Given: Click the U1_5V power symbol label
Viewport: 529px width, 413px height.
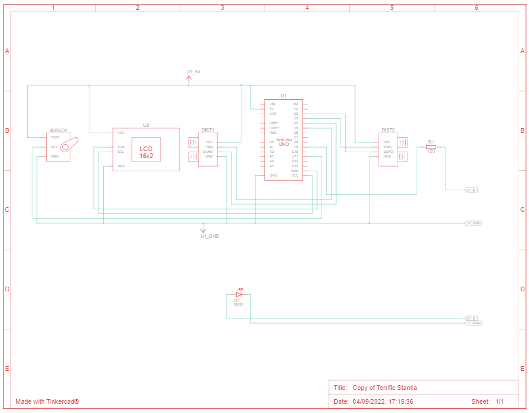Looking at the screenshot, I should (193, 72).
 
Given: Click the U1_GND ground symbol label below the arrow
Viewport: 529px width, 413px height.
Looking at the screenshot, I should (209, 236).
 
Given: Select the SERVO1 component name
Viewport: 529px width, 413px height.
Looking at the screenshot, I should (58, 130).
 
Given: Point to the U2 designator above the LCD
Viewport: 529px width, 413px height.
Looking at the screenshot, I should (146, 125).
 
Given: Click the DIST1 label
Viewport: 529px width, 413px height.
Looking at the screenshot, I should (207, 130).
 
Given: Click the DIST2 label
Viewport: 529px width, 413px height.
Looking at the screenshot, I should (388, 130).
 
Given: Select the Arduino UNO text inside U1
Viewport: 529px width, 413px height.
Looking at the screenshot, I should (284, 141).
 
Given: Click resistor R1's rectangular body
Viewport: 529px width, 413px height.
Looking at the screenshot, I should (430, 147).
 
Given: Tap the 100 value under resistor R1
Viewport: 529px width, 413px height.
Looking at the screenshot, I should (430, 152).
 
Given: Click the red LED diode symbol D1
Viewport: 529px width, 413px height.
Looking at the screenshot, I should (239, 294).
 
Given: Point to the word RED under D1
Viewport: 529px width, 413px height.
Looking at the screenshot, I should (239, 305).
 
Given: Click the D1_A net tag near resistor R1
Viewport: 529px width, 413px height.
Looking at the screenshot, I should (471, 190).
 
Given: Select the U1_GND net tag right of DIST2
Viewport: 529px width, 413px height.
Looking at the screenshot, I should (473, 223).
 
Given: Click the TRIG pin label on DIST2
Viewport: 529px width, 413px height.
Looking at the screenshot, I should (387, 147).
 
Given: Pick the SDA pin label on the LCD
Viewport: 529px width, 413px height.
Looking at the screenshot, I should (120, 147).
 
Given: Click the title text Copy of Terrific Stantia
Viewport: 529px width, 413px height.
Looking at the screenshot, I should (384, 388).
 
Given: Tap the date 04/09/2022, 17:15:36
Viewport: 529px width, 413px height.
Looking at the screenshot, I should (383, 401).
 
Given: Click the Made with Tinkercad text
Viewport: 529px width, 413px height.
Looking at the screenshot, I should (47, 401).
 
